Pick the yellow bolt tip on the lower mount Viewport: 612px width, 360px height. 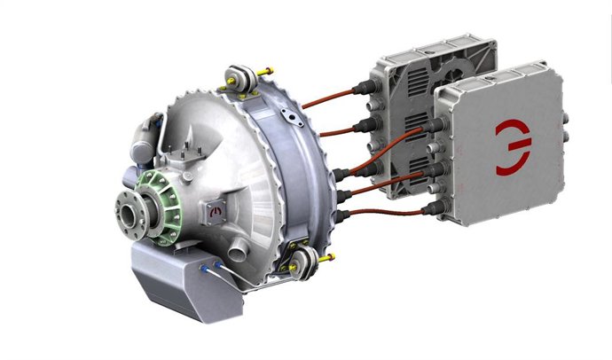click(330, 258)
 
